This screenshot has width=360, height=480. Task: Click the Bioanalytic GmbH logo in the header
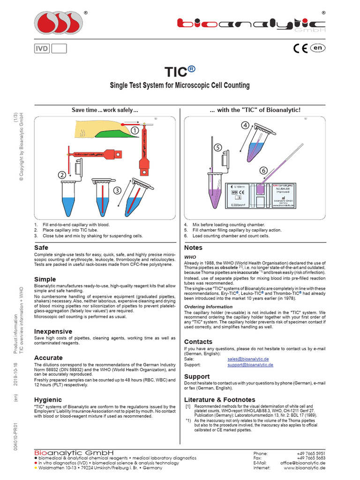click(251, 24)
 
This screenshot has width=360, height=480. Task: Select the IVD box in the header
click(42, 48)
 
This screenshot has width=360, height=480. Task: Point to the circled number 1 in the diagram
click(135, 130)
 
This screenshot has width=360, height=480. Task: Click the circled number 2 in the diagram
click(62, 175)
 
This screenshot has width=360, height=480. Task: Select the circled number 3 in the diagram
click(117, 190)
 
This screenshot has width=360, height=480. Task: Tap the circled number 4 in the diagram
click(245, 125)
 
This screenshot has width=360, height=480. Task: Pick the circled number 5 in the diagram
click(217, 147)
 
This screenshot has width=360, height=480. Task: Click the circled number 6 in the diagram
click(263, 170)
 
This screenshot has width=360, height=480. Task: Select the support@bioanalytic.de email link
click(250, 364)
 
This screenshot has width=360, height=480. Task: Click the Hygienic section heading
click(48, 399)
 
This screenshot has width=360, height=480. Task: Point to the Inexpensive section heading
click(53, 331)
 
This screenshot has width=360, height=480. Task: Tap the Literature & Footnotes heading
click(219, 399)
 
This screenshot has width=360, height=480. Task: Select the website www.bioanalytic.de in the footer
click(304, 468)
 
